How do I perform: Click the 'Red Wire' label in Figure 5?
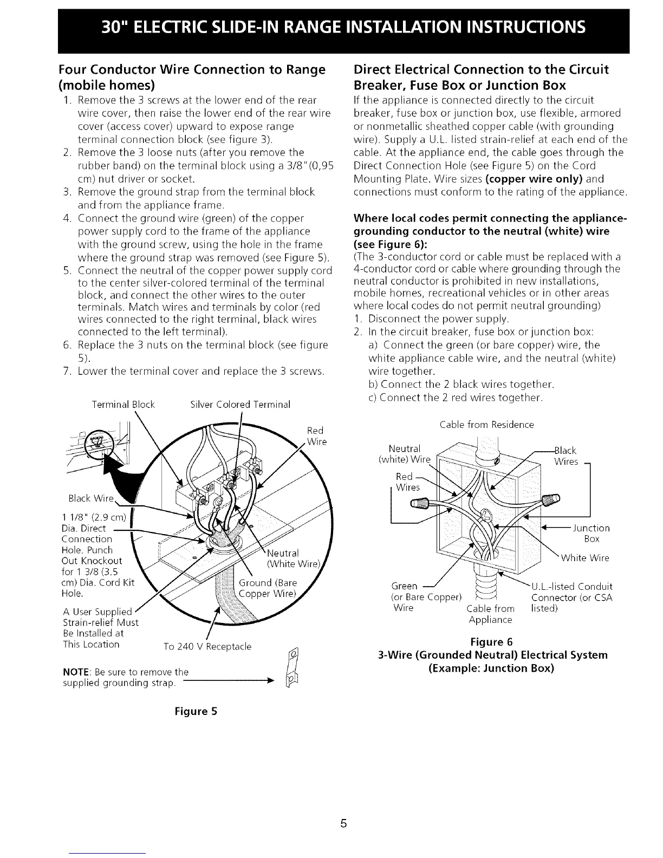coord(316,435)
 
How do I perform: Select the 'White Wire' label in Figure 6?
coord(585,558)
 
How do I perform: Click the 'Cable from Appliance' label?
coord(490,614)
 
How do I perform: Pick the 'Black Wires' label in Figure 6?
coord(565,456)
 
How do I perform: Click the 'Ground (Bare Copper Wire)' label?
coord(268,589)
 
